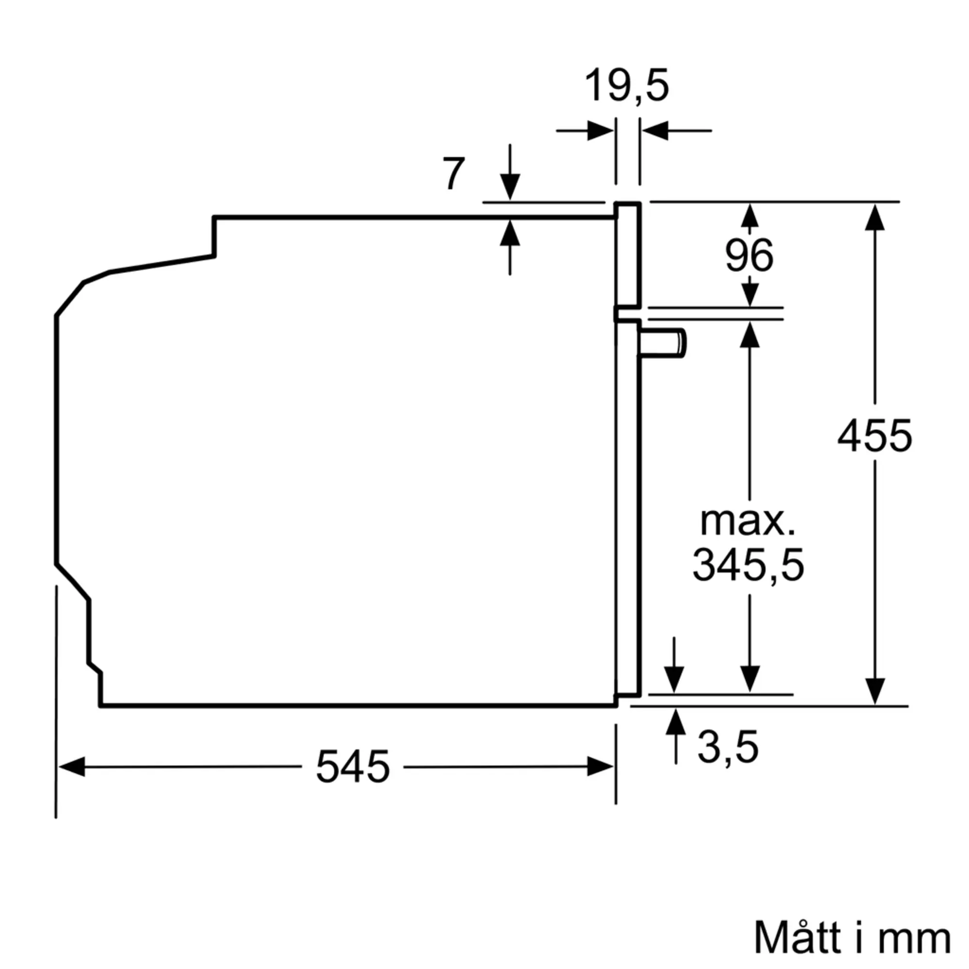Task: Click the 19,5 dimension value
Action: pyautogui.click(x=626, y=86)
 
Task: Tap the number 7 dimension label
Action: pyautogui.click(x=454, y=173)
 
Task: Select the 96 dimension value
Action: pyautogui.click(x=750, y=256)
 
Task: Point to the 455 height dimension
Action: pyautogui.click(x=875, y=436)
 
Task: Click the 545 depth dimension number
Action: pyautogui.click(x=353, y=766)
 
